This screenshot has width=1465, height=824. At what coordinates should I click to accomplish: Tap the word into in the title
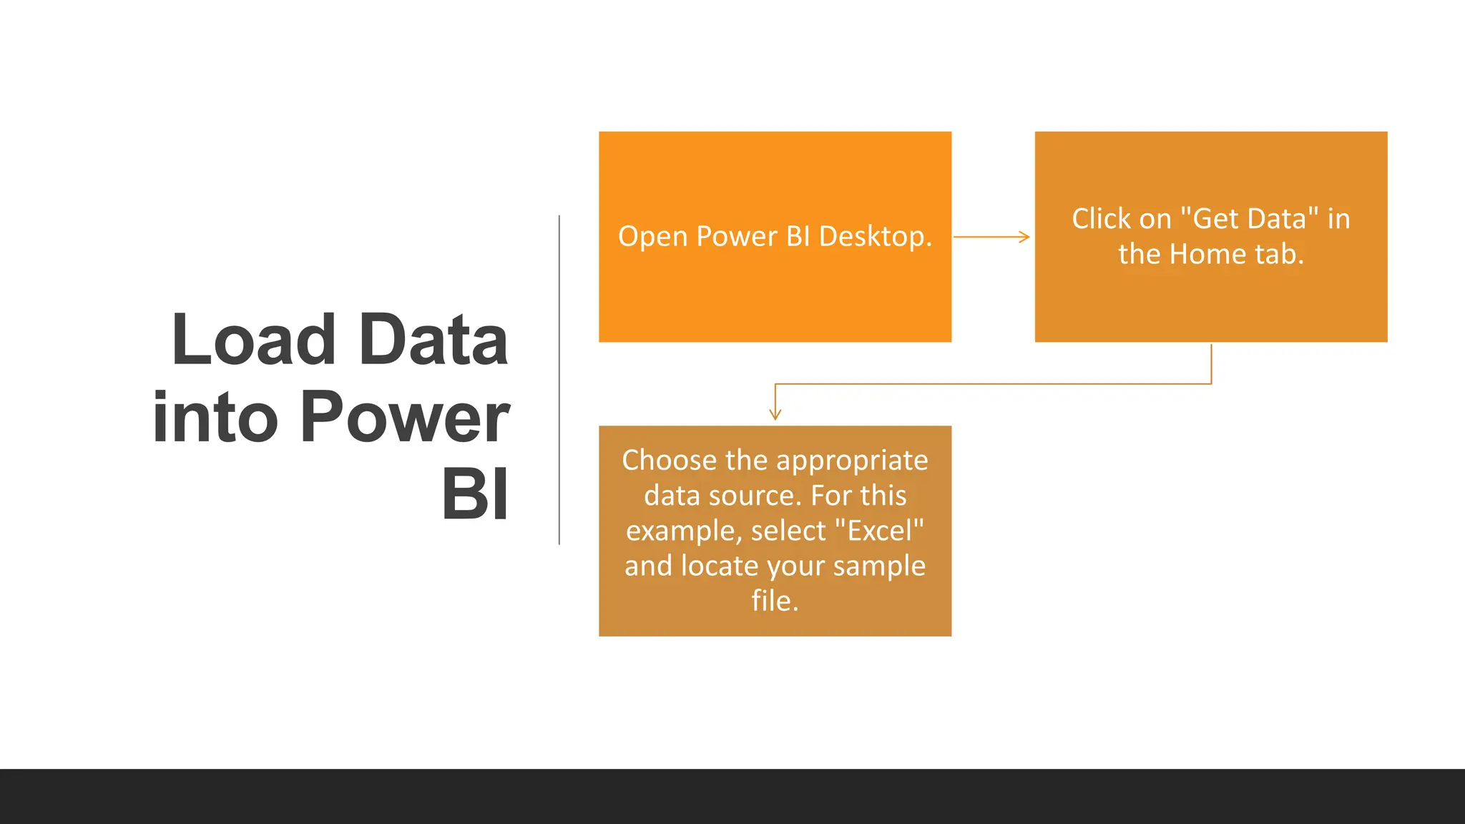(215, 418)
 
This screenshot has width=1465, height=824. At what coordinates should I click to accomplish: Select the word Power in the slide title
(404, 418)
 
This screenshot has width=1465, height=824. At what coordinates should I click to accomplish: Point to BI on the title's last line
(475, 495)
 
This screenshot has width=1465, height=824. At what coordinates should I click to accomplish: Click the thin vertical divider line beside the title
(559, 379)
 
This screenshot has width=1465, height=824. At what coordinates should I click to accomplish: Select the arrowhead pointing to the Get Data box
(1024, 237)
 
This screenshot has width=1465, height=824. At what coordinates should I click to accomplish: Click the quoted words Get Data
(1249, 219)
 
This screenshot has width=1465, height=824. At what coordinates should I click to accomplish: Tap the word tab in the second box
(1280, 255)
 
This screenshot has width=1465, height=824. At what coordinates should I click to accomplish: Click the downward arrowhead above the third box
(775, 414)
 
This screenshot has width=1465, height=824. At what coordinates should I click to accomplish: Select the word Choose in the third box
(669, 461)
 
